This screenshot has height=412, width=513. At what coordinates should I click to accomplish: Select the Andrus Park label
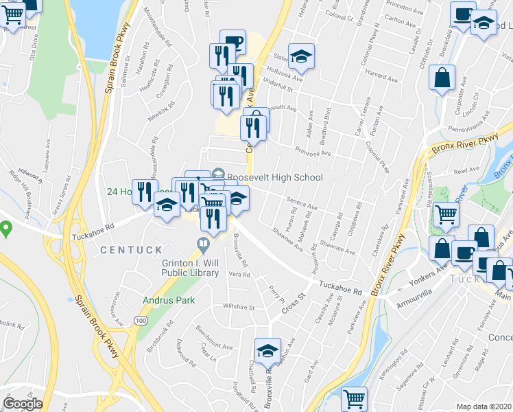coord(169,300)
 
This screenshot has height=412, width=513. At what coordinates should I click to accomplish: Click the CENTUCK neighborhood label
coord(131,250)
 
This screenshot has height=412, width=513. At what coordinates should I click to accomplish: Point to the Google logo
coord(22,404)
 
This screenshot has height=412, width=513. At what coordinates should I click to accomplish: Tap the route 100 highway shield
coord(141,321)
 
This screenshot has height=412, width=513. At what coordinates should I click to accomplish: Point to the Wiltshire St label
coord(237,307)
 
